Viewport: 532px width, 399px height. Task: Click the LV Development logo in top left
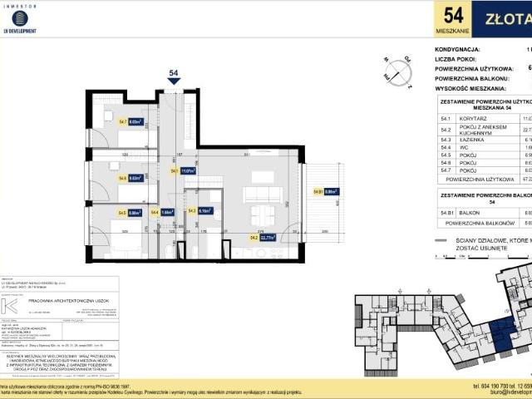[20, 20]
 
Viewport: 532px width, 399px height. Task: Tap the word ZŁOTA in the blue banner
[507, 18]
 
